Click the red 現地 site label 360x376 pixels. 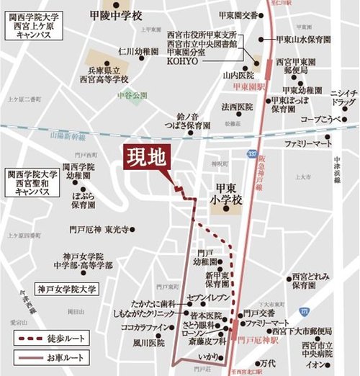[148, 158]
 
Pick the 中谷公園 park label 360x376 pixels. [134, 95]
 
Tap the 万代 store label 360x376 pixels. [268, 362]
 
